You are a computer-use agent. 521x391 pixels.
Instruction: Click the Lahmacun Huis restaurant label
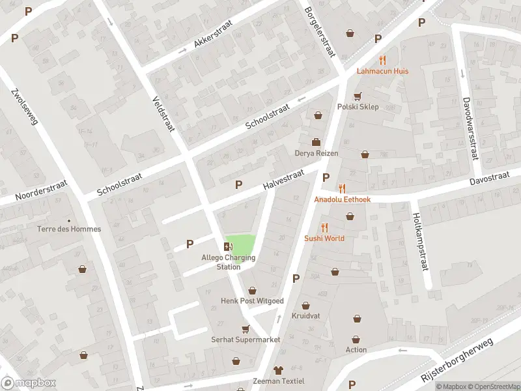click(x=382, y=70)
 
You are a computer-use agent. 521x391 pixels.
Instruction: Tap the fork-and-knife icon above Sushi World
click(x=324, y=227)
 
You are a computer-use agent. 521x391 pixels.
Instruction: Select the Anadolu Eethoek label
click(x=343, y=199)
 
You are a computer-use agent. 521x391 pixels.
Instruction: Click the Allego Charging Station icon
click(x=228, y=246)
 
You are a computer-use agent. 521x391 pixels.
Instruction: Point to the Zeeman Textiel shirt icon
click(x=279, y=370)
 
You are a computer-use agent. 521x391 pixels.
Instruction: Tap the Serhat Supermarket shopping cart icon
click(x=246, y=329)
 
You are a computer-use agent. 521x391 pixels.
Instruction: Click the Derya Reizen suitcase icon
click(x=316, y=142)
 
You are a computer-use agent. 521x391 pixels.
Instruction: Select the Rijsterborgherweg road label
click(x=457, y=361)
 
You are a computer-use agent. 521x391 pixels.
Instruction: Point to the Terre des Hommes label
click(x=69, y=229)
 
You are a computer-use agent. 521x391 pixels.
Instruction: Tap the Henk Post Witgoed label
click(x=252, y=300)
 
